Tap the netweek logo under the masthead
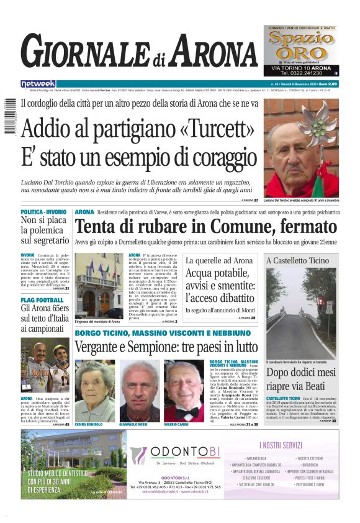point(38,84)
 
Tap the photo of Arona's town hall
point(100,285)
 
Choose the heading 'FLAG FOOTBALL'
point(42,300)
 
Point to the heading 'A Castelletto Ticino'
point(298,260)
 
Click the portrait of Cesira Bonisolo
point(92,391)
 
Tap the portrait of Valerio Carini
point(183,391)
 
